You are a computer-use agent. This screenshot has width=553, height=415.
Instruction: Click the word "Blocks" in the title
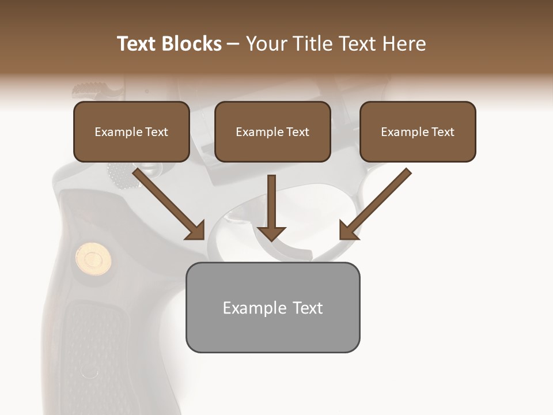(x=193, y=44)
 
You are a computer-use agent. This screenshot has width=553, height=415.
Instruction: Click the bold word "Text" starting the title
(x=139, y=44)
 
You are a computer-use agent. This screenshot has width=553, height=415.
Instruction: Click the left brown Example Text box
(x=131, y=131)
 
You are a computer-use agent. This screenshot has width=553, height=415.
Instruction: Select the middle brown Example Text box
(x=272, y=131)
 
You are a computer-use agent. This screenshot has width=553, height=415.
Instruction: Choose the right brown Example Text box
(x=418, y=131)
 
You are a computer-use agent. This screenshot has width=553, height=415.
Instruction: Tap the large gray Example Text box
(x=272, y=307)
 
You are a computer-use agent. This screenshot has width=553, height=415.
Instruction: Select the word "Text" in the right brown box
(x=443, y=131)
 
